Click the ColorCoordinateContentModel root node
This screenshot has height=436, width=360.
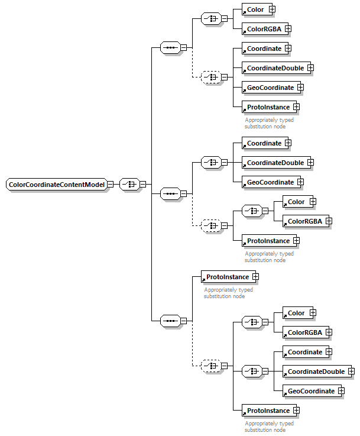tap(56, 185)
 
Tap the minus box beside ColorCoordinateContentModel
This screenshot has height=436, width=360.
tap(111, 185)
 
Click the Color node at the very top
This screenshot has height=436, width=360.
tap(255, 9)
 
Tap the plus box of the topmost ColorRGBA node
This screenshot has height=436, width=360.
tap(288, 28)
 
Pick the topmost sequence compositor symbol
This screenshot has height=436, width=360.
tap(170, 47)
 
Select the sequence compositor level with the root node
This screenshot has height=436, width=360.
tap(170, 193)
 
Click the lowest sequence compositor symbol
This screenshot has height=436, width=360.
tap(170, 321)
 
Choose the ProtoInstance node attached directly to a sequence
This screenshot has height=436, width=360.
tap(227, 276)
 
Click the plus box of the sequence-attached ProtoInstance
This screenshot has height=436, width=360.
tap(255, 276)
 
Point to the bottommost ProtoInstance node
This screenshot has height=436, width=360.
tap(268, 410)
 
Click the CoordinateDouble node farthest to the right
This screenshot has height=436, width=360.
tap(316, 372)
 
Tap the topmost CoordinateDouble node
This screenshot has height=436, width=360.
tap(275, 68)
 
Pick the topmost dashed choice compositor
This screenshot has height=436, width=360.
tap(211, 77)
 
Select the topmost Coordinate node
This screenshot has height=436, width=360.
tap(264, 48)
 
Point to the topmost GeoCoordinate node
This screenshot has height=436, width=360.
tap(270, 88)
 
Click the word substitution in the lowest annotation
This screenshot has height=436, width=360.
tap(258, 429)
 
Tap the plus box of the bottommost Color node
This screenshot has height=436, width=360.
tap(313, 313)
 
